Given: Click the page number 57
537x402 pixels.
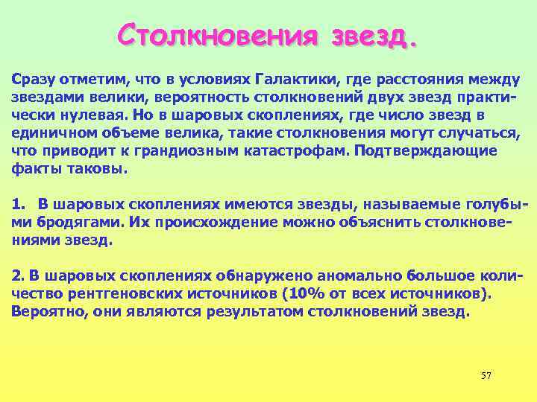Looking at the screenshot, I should (x=486, y=374).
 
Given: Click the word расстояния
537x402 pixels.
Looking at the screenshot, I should (x=413, y=80).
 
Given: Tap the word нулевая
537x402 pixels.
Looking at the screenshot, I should (x=91, y=115).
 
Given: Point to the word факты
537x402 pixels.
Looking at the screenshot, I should (x=32, y=168).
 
